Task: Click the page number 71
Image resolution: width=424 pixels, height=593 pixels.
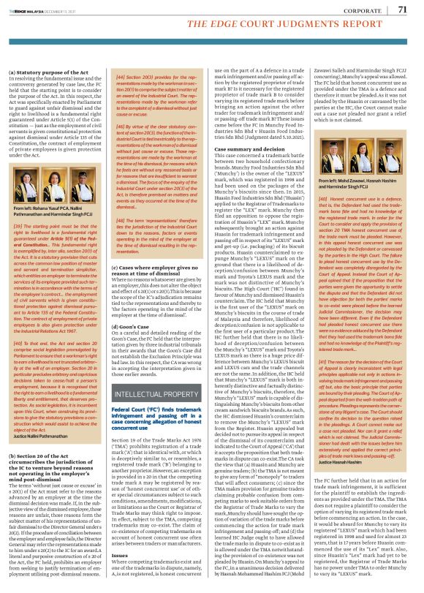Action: [x=402, y=10]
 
